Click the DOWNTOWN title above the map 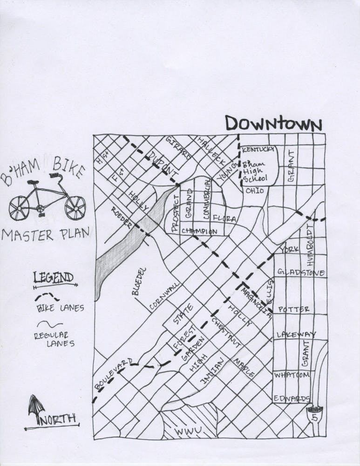pyautogui.click(x=274, y=124)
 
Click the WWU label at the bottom pyautogui.click(x=188, y=432)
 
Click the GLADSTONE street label pyautogui.click(x=300, y=272)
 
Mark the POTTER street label pyautogui.click(x=293, y=309)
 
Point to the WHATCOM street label pyautogui.click(x=292, y=375)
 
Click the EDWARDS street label pyautogui.click(x=292, y=399)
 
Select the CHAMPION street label pyautogui.click(x=199, y=231)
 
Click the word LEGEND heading pyautogui.click(x=54, y=278)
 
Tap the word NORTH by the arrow pyautogui.click(x=58, y=419)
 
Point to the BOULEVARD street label pyautogui.click(x=114, y=374)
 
